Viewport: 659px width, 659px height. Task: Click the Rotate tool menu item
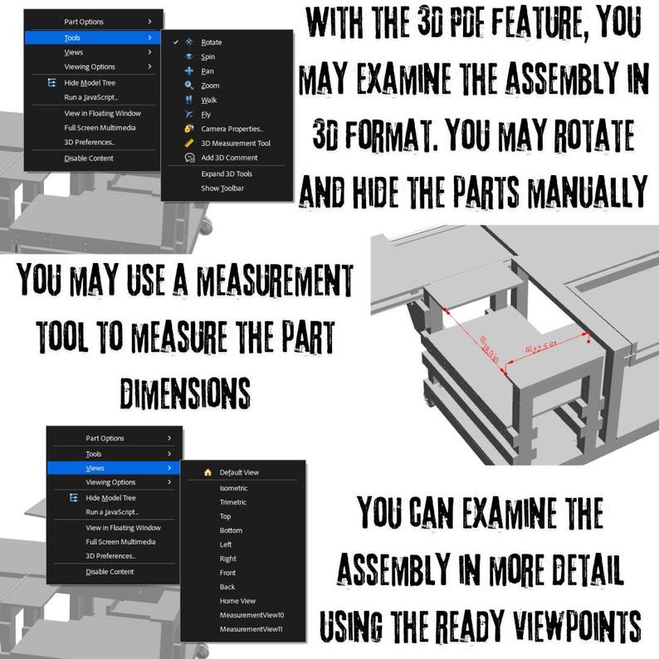[x=211, y=42]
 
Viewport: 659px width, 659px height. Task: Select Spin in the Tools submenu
[x=207, y=56]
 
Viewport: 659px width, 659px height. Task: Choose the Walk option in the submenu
[x=208, y=100]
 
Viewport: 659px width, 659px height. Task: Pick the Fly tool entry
[x=205, y=115]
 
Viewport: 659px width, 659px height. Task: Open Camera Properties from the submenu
[x=232, y=129]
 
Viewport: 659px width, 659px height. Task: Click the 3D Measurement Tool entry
[x=235, y=143]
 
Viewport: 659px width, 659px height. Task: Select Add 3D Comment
[x=229, y=158]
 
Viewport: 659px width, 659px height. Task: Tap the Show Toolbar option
[x=222, y=188]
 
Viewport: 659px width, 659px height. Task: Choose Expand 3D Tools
[x=226, y=173]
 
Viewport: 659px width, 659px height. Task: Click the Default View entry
[x=239, y=472]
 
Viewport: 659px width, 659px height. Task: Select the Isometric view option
[x=233, y=488]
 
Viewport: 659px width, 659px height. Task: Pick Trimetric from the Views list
[x=232, y=502]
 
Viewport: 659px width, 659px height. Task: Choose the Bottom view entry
[x=231, y=530]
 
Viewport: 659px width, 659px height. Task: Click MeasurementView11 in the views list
[x=251, y=629]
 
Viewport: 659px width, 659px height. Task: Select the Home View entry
[x=237, y=601]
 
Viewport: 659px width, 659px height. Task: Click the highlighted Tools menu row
[x=91, y=37]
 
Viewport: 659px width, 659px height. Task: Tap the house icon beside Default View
[x=207, y=472]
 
